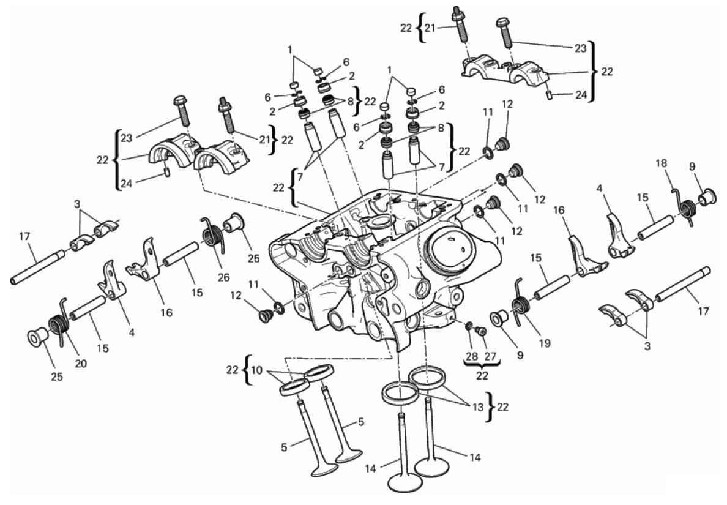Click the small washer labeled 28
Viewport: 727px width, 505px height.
(469, 325)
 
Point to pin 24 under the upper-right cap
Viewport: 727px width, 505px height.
(549, 94)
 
